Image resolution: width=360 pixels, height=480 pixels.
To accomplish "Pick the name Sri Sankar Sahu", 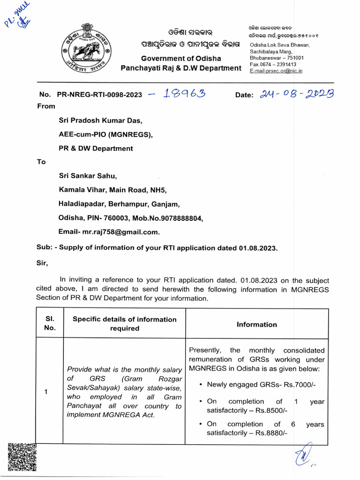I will point(88,176).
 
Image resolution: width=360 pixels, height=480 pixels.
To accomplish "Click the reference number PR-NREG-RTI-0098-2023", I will point(99,95).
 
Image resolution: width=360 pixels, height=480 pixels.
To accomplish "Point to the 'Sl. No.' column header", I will point(50,323).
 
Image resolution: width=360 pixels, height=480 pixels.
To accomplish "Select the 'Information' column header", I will point(256,324).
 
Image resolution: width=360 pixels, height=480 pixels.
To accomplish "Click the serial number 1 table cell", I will point(46,392).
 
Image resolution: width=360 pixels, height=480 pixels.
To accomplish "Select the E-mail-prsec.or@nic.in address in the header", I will point(276,71).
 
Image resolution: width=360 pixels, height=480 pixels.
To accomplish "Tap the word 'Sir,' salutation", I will point(42,263).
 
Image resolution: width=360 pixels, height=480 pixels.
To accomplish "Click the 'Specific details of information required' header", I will point(125,323).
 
